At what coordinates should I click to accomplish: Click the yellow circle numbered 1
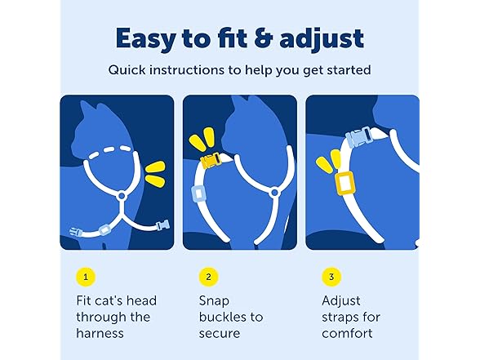click(x=85, y=278)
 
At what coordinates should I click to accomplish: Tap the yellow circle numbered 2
click(x=207, y=278)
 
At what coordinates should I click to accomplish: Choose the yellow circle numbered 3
click(x=330, y=278)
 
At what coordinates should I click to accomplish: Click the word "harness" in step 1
click(x=99, y=334)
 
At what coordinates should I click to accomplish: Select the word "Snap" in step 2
click(x=214, y=300)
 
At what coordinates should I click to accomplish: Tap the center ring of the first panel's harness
click(x=120, y=196)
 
